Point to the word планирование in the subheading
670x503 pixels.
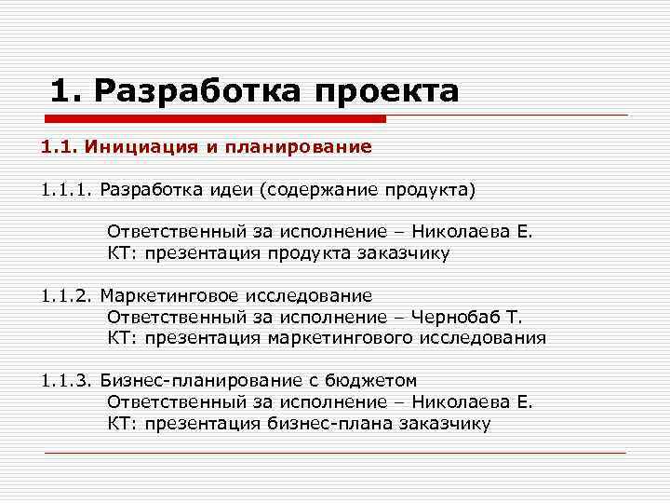pos(312,146)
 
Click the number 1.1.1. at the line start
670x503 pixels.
pos(67,190)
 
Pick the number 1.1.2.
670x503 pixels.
pos(67,296)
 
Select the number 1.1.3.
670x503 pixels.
pos(67,381)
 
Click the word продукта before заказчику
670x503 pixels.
pos(311,253)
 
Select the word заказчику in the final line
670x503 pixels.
pos(443,424)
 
